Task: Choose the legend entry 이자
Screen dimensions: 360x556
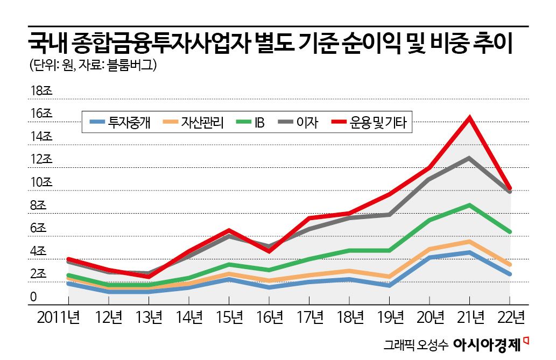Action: [308, 123]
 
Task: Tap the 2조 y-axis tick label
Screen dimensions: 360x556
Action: [40, 274]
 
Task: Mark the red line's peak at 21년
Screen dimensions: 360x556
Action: [470, 117]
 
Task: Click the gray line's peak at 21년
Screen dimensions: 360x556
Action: [469, 158]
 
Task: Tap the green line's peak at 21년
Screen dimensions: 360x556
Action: [469, 205]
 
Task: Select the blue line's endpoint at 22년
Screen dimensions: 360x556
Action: [509, 274]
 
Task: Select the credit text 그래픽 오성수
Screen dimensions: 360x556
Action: [415, 344]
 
